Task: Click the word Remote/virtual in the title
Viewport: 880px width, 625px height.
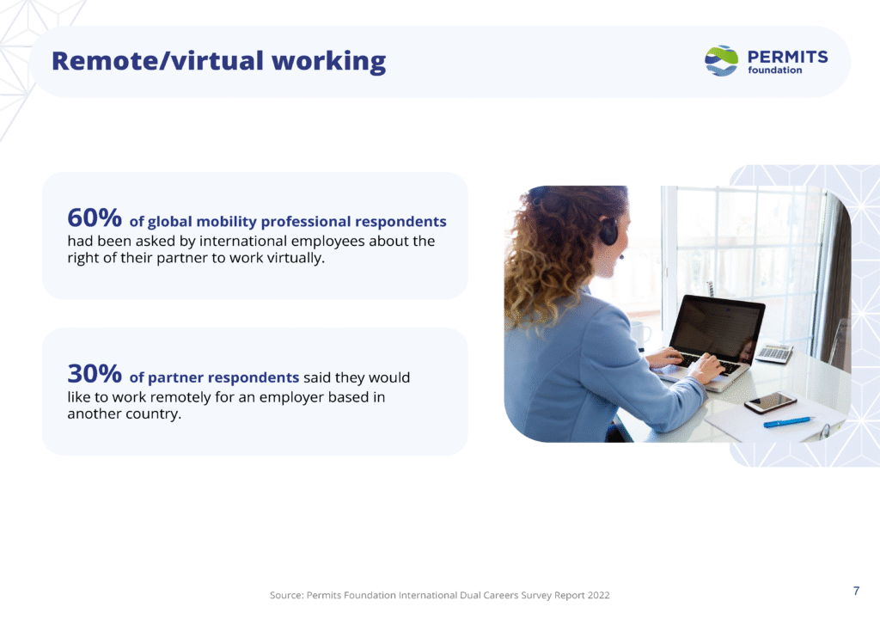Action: click(158, 61)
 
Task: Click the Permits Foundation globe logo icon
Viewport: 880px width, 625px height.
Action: click(721, 61)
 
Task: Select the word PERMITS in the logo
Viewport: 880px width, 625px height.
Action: click(787, 57)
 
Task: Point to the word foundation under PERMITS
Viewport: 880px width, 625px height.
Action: click(774, 70)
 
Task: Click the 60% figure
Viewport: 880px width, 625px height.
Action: click(95, 218)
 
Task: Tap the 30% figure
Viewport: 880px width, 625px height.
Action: click(95, 373)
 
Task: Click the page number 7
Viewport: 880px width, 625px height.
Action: click(856, 591)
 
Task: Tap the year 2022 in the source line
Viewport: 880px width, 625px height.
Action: click(598, 595)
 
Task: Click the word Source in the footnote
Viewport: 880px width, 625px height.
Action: click(286, 595)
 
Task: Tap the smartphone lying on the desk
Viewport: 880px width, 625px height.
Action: click(771, 401)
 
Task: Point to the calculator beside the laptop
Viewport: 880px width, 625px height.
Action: click(774, 354)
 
